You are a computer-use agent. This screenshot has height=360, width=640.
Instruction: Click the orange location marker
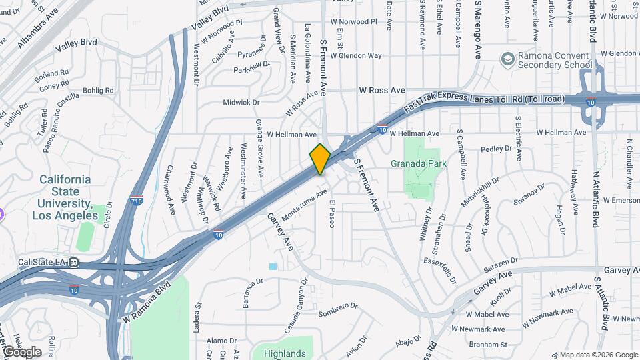[320, 159]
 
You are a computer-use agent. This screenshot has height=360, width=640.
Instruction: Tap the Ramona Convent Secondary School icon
[508, 59]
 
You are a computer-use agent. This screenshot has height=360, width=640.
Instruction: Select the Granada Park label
[418, 163]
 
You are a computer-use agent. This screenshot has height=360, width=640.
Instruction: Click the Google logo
[22, 351]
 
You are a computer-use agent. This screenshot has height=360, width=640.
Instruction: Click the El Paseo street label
[331, 213]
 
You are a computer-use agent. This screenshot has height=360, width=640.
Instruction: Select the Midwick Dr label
[241, 103]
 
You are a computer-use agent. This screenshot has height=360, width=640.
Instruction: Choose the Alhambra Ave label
[39, 29]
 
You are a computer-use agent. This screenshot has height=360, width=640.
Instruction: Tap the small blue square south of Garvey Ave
[273, 267]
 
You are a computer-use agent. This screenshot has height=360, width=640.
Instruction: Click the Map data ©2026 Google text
[598, 354]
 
